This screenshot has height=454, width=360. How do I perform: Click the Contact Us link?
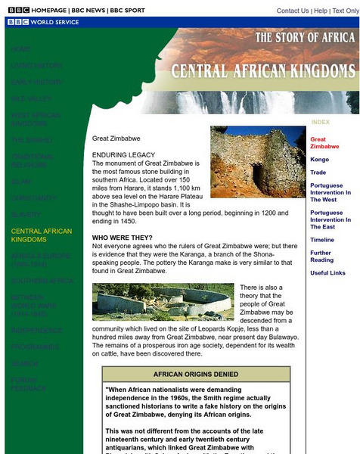click(x=292, y=11)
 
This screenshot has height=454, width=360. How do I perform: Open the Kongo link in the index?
click(x=319, y=160)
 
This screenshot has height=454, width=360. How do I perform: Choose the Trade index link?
click(x=318, y=173)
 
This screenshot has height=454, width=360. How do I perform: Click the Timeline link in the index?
click(x=321, y=240)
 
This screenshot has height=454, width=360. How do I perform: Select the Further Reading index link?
click(x=321, y=257)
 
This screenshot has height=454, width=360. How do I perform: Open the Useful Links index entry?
click(x=327, y=273)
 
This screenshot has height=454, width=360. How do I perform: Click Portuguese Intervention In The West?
click(x=331, y=193)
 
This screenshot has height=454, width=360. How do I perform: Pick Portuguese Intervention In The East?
click(x=331, y=220)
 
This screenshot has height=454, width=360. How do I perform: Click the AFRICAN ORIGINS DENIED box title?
click(x=196, y=375)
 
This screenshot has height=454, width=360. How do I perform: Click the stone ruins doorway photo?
click(x=257, y=162)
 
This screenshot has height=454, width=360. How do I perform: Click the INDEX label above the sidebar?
click(x=321, y=122)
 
